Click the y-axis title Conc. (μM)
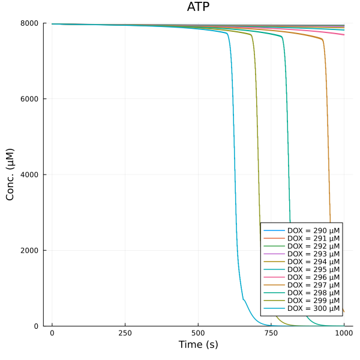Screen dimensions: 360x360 click(10, 175)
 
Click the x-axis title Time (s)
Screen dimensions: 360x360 click(198, 345)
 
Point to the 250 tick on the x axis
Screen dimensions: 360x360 click(125, 332)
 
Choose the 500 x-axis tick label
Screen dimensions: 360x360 click(198, 332)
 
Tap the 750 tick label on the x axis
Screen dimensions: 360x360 click(271, 332)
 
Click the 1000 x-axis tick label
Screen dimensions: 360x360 click(344, 332)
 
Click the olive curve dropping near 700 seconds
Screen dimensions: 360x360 click(257, 150)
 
